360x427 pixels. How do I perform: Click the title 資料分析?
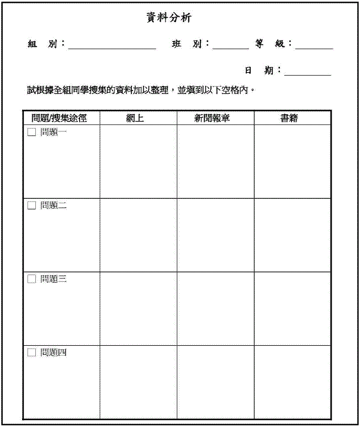click(x=168, y=18)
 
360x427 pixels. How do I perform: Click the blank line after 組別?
click(x=112, y=47)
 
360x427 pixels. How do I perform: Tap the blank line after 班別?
click(x=230, y=47)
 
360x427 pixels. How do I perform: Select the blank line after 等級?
click(x=314, y=47)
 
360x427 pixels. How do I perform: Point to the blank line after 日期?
click(x=308, y=73)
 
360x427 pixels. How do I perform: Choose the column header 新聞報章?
click(x=215, y=118)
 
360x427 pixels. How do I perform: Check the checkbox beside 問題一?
click(x=31, y=132)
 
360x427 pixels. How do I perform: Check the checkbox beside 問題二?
click(x=31, y=205)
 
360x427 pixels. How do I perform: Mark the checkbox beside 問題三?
click(x=31, y=279)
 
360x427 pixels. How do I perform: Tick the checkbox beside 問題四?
click(x=31, y=352)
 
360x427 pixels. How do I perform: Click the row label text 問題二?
click(x=54, y=205)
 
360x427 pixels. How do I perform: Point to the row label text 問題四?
click(x=54, y=352)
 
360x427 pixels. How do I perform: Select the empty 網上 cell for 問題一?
click(x=138, y=161)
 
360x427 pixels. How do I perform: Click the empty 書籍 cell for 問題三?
click(x=293, y=308)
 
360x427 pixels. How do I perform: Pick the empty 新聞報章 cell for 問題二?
click(x=215, y=235)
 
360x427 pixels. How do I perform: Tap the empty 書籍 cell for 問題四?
click(x=293, y=382)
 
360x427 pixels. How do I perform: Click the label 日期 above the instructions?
click(x=259, y=71)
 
